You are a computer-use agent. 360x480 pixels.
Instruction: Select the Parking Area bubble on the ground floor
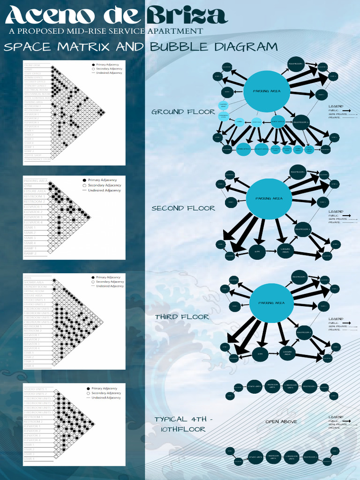[266, 91]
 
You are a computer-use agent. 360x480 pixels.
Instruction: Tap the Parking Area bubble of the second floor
[269, 199]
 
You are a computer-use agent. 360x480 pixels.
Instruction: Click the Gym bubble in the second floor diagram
[257, 252]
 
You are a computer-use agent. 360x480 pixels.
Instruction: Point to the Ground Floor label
[183, 112]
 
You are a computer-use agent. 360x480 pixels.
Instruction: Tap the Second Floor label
[183, 208]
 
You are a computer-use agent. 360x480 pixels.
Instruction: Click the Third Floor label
[182, 317]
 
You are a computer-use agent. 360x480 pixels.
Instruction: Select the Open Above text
[281, 422]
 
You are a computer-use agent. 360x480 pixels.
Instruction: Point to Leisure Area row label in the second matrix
[35, 191]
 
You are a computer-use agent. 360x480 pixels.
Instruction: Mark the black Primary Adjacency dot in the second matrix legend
[84, 180]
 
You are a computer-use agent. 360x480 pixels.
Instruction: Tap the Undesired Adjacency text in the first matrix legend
[109, 73]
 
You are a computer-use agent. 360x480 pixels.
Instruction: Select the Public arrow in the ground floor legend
[346, 111]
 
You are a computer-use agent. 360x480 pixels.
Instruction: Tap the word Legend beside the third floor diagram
[336, 319]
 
